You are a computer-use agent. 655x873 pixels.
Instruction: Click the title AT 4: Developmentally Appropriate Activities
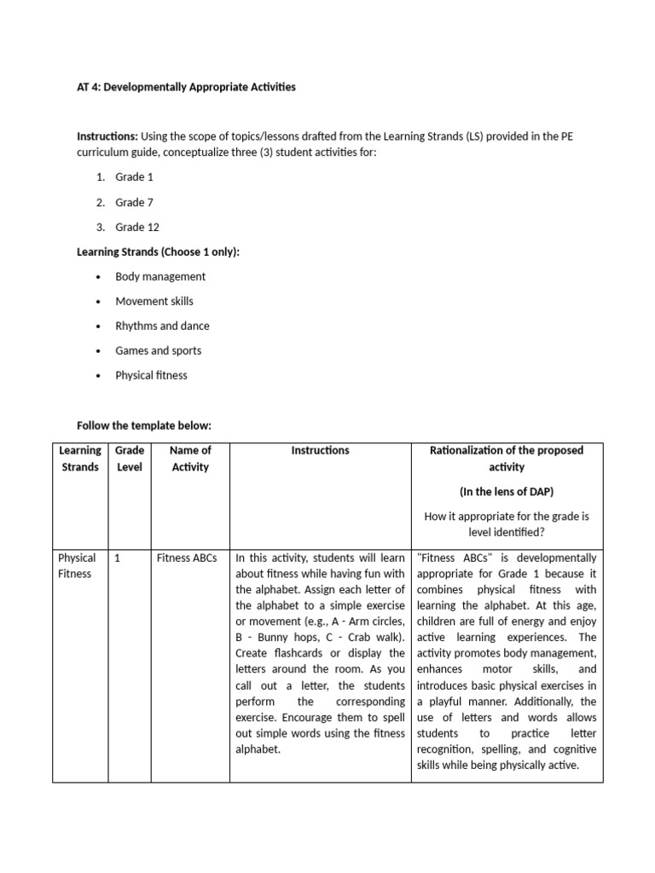click(x=186, y=87)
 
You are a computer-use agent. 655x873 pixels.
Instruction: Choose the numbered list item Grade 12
click(x=137, y=227)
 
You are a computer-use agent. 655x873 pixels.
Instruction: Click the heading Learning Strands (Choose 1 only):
click(x=159, y=251)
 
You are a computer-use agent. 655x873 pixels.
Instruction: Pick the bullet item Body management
click(x=160, y=276)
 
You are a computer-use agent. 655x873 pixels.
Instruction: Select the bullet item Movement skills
click(x=154, y=301)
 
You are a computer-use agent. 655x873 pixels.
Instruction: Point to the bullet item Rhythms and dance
click(x=162, y=326)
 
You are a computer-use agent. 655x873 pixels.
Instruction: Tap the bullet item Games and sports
click(x=159, y=350)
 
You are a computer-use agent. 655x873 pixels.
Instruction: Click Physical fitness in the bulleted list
click(x=151, y=375)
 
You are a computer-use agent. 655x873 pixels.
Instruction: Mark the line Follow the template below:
click(x=143, y=425)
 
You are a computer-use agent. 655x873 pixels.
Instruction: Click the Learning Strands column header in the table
click(x=80, y=459)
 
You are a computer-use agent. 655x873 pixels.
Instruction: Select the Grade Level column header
click(x=130, y=459)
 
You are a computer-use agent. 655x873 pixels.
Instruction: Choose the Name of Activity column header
click(x=190, y=459)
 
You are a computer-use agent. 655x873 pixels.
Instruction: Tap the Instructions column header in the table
click(x=320, y=450)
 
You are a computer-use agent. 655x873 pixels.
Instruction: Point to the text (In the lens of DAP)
click(x=507, y=492)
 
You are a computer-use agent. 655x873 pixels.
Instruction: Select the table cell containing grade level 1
click(x=118, y=558)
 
